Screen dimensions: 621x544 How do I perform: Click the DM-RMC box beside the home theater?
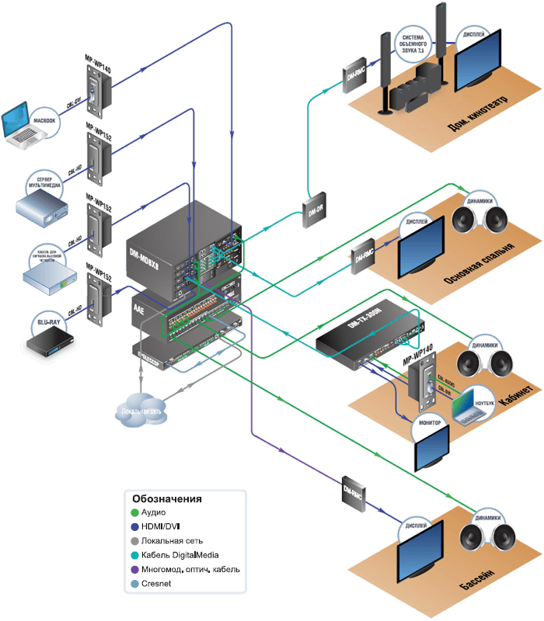354,73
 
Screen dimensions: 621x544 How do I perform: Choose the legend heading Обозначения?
166,498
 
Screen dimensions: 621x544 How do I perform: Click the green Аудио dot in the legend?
134,513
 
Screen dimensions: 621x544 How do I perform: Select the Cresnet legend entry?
159,583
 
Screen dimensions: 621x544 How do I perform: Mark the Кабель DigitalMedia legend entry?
180,555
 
